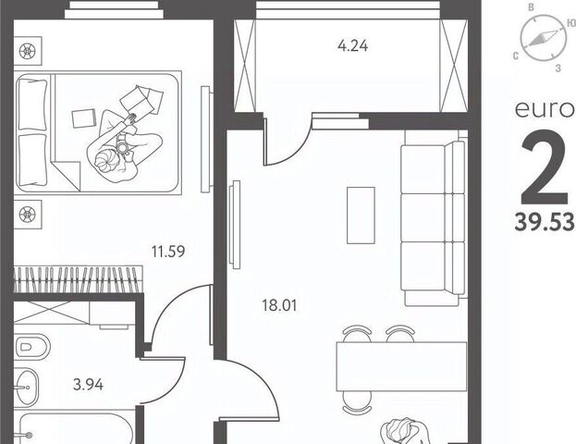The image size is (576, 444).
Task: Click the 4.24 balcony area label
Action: (352, 46)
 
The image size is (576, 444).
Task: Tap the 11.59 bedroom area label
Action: (168, 252)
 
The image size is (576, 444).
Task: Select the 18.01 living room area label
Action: (279, 305)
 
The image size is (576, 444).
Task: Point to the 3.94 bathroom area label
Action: (88, 385)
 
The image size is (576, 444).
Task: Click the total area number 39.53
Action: (545, 222)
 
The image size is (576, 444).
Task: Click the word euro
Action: (544, 109)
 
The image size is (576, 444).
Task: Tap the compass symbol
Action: (543, 38)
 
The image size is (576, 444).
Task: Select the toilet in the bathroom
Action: (32, 347)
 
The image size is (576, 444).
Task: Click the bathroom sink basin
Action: (26, 387)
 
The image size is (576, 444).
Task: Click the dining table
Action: (401, 366)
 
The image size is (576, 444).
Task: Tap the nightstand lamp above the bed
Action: (28, 51)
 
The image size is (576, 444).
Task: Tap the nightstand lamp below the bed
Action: (28, 215)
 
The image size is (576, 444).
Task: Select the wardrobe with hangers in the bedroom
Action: (79, 279)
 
